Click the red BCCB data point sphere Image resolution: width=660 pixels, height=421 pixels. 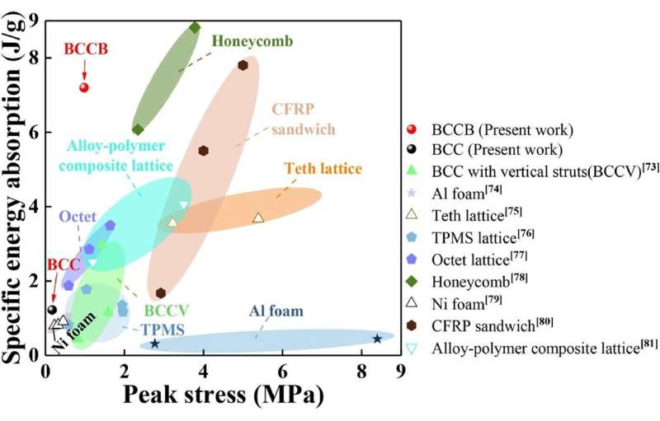(x=83, y=87)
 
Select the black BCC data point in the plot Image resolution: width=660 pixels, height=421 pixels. (x=52, y=310)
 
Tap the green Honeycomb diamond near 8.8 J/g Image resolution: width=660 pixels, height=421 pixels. (x=195, y=27)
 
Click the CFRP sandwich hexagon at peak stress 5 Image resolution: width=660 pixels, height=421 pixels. (x=243, y=65)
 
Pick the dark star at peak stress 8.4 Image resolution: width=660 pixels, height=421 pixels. (x=377, y=339)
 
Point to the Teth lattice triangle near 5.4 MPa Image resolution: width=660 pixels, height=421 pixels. (x=258, y=218)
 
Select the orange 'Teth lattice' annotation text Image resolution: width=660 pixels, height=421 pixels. (x=323, y=170)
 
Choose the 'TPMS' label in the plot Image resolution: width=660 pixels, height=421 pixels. (x=161, y=329)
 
